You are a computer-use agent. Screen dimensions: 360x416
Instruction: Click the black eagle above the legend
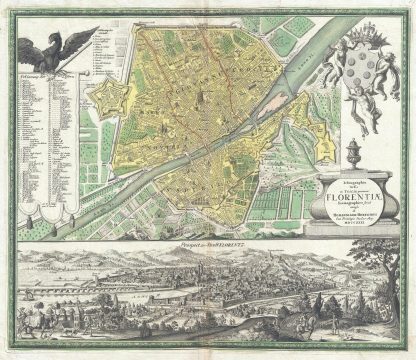pos(49,45)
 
